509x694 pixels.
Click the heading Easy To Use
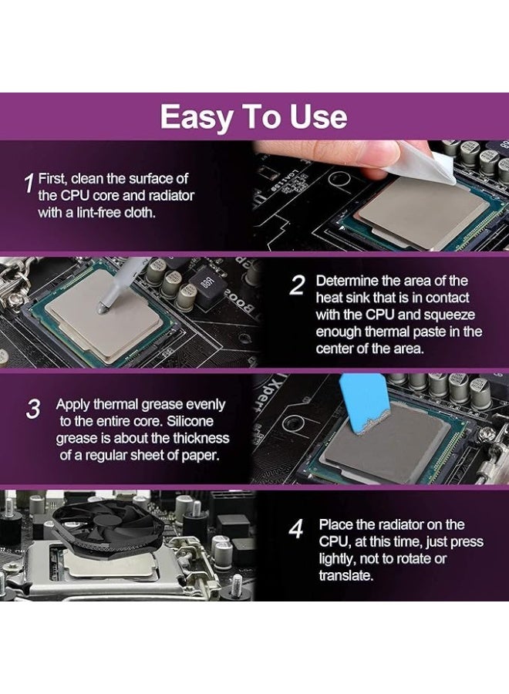[x=254, y=117]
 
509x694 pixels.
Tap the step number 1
[x=29, y=184]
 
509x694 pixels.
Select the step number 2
[x=297, y=286]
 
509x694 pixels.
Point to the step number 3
[x=33, y=409]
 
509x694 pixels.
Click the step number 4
[x=296, y=530]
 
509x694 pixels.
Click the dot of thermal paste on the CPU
[x=100, y=307]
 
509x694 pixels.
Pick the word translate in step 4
[x=346, y=575]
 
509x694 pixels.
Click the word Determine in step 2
[x=347, y=281]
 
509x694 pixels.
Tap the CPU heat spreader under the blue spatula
[x=386, y=447]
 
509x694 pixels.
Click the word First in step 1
[x=52, y=178]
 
